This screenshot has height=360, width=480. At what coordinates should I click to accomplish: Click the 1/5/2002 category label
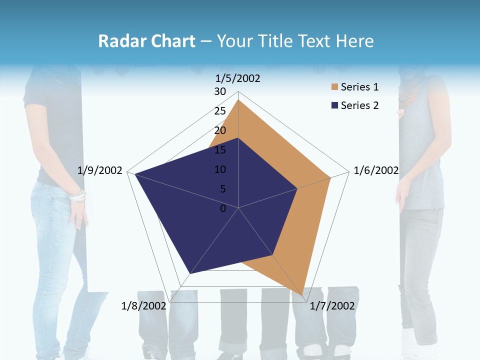pyautogui.click(x=238, y=78)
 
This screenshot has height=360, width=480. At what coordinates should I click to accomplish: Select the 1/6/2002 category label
pyautogui.click(x=376, y=170)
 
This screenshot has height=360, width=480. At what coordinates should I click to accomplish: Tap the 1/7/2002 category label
pyautogui.click(x=332, y=306)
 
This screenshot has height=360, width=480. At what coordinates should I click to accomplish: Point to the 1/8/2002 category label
pyautogui.click(x=143, y=306)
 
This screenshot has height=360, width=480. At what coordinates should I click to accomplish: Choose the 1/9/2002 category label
pyautogui.click(x=100, y=170)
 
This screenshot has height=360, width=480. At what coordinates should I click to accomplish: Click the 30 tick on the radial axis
pyautogui.click(x=220, y=91)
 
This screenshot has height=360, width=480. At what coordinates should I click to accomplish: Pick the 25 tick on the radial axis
pyautogui.click(x=220, y=111)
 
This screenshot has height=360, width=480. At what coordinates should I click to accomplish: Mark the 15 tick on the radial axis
pyautogui.click(x=220, y=150)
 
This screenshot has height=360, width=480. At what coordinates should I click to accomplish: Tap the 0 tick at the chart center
pyautogui.click(x=223, y=208)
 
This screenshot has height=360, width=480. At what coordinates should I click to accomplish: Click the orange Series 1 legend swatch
pyautogui.click(x=334, y=87)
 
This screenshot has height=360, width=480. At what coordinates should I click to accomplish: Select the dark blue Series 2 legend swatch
pyautogui.click(x=334, y=105)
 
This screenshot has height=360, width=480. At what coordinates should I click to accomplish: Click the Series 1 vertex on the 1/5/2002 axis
pyautogui.click(x=238, y=99)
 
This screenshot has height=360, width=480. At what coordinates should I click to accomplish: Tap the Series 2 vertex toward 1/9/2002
pyautogui.click(x=135, y=173)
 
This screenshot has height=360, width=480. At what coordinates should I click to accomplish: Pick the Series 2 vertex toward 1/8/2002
pyautogui.click(x=189, y=273)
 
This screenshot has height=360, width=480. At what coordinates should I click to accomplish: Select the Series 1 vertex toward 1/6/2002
pyautogui.click(x=330, y=177)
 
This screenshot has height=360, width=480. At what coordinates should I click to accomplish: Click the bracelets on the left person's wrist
pyautogui.click(x=77, y=196)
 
